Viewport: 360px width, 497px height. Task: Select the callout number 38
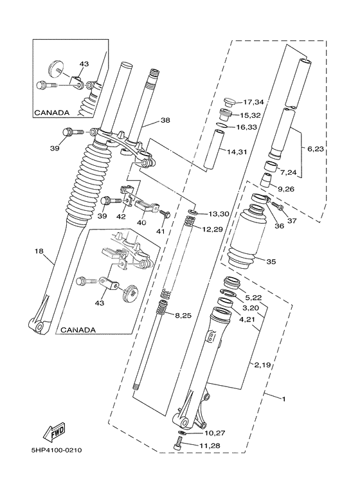point(165,120)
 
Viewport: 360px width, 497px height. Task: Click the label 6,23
point(316,149)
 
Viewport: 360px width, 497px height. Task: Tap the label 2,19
point(262,365)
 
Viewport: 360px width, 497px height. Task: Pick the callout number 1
point(283,399)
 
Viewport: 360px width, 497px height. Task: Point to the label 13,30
point(218,213)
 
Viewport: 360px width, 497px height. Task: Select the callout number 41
point(160,231)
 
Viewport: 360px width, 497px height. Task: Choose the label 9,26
point(287,189)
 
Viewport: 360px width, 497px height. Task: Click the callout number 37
point(292,221)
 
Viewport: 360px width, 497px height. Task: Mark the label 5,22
point(252,297)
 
